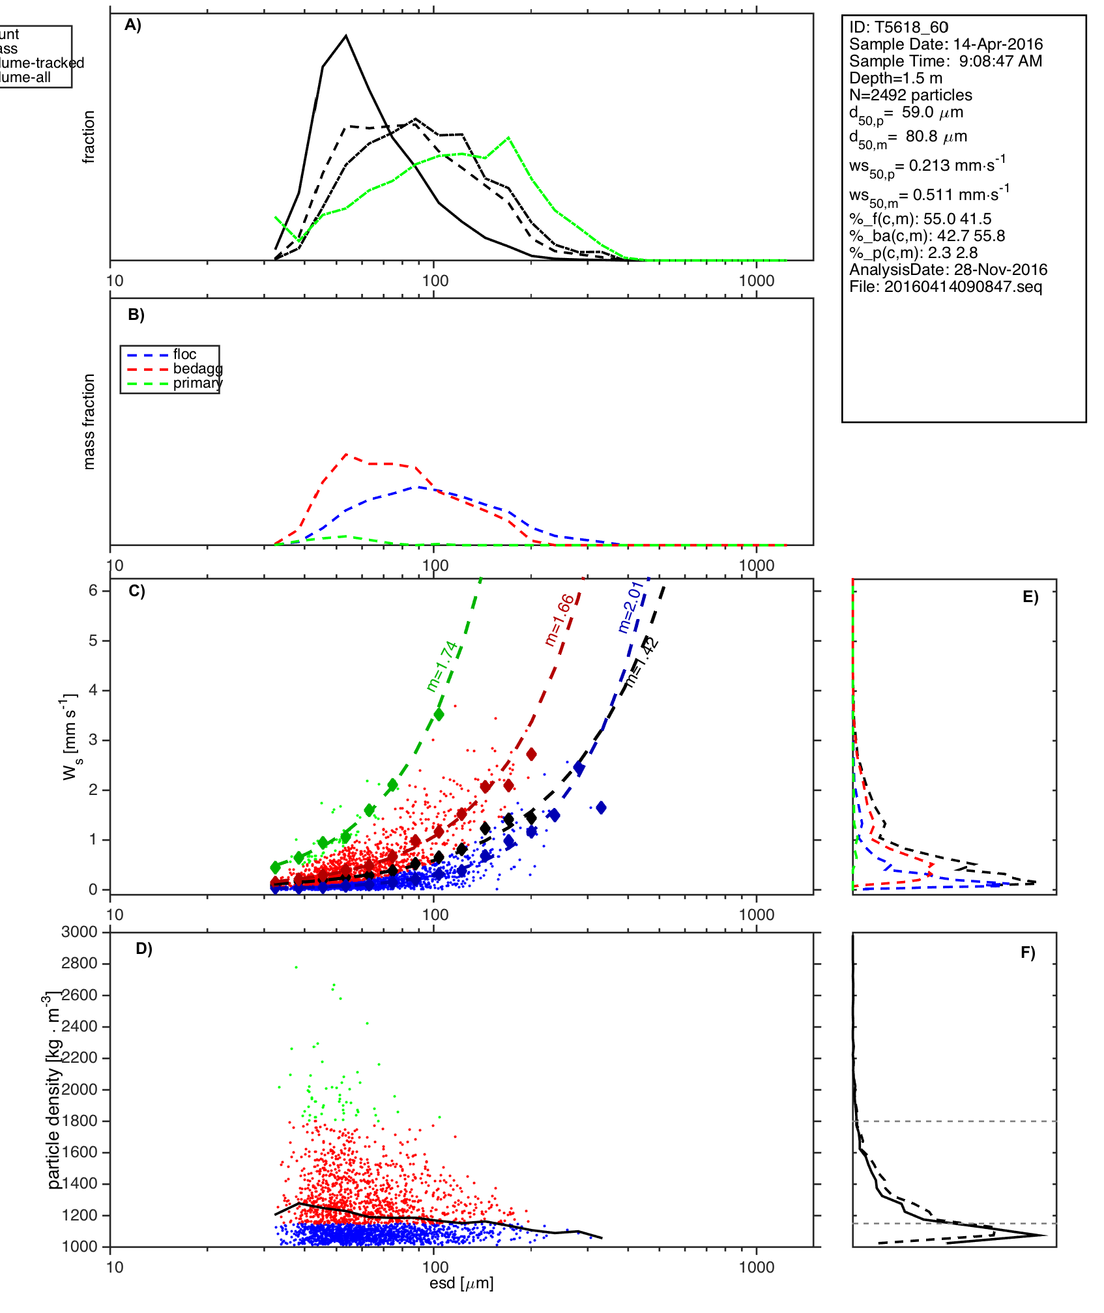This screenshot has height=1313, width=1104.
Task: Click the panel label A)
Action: (133, 25)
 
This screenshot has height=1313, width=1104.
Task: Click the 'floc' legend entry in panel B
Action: (184, 354)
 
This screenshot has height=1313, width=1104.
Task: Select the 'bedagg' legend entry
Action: (197, 369)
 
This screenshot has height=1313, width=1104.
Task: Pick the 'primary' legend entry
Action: (197, 383)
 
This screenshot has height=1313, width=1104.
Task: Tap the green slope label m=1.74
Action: (443, 666)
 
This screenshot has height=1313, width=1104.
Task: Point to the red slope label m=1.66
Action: (560, 620)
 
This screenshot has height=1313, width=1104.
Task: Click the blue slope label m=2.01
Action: (631, 607)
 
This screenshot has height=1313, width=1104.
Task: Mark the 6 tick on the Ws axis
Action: (93, 590)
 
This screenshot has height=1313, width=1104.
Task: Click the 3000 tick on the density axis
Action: (79, 932)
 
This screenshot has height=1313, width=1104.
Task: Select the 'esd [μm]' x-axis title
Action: (461, 1284)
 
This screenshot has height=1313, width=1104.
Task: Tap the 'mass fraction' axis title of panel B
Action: (89, 422)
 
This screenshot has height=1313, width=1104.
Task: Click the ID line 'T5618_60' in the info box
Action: (899, 27)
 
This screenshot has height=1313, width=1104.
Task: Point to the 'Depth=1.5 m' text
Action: (895, 78)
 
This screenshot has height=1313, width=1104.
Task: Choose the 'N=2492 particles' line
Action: (910, 95)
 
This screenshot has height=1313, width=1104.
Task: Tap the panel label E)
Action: (1030, 598)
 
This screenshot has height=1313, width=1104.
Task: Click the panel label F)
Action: (1028, 953)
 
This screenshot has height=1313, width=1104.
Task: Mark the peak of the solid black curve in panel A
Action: (346, 36)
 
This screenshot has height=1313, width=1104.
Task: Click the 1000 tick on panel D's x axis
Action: (757, 1267)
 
